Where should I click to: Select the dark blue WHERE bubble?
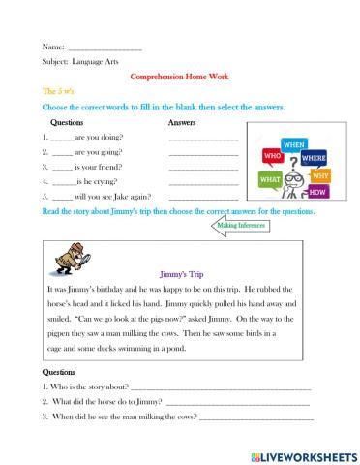point(314,157)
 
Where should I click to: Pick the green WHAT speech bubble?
point(272,179)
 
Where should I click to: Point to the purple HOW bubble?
point(318,192)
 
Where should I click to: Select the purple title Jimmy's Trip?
point(181,274)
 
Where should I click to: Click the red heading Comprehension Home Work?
point(179,77)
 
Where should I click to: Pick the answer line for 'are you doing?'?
point(203,139)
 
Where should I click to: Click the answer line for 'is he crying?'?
point(203,182)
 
